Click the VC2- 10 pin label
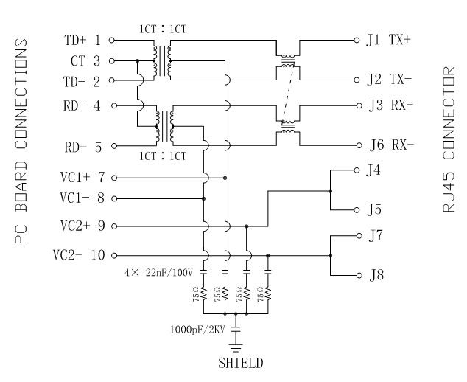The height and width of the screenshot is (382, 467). click(78, 255)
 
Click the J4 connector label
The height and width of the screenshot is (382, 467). click(373, 170)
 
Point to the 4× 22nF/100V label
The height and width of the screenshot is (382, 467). click(158, 273)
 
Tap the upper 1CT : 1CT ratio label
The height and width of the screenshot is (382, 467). click(164, 29)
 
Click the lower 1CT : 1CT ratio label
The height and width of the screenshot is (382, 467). click(164, 156)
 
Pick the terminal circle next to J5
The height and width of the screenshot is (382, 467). click(359, 209)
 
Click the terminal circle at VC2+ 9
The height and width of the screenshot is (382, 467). click(114, 226)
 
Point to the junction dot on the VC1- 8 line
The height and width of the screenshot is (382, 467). click(204, 198)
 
